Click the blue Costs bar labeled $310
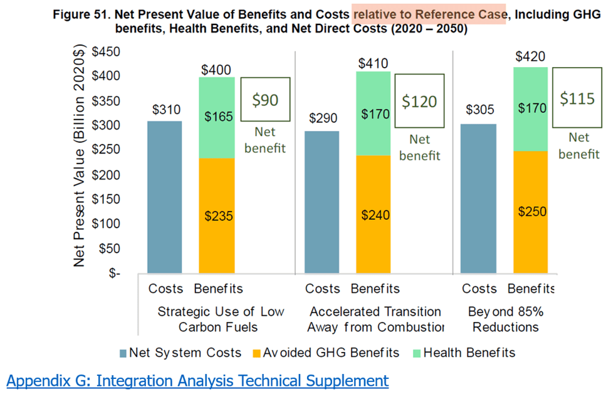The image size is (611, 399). [164, 197]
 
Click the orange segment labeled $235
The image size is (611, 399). [217, 216]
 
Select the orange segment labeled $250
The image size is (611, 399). [531, 212]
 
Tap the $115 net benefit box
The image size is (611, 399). [577, 99]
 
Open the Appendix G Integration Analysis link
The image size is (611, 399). [197, 380]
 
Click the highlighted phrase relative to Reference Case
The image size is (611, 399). [429, 15]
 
